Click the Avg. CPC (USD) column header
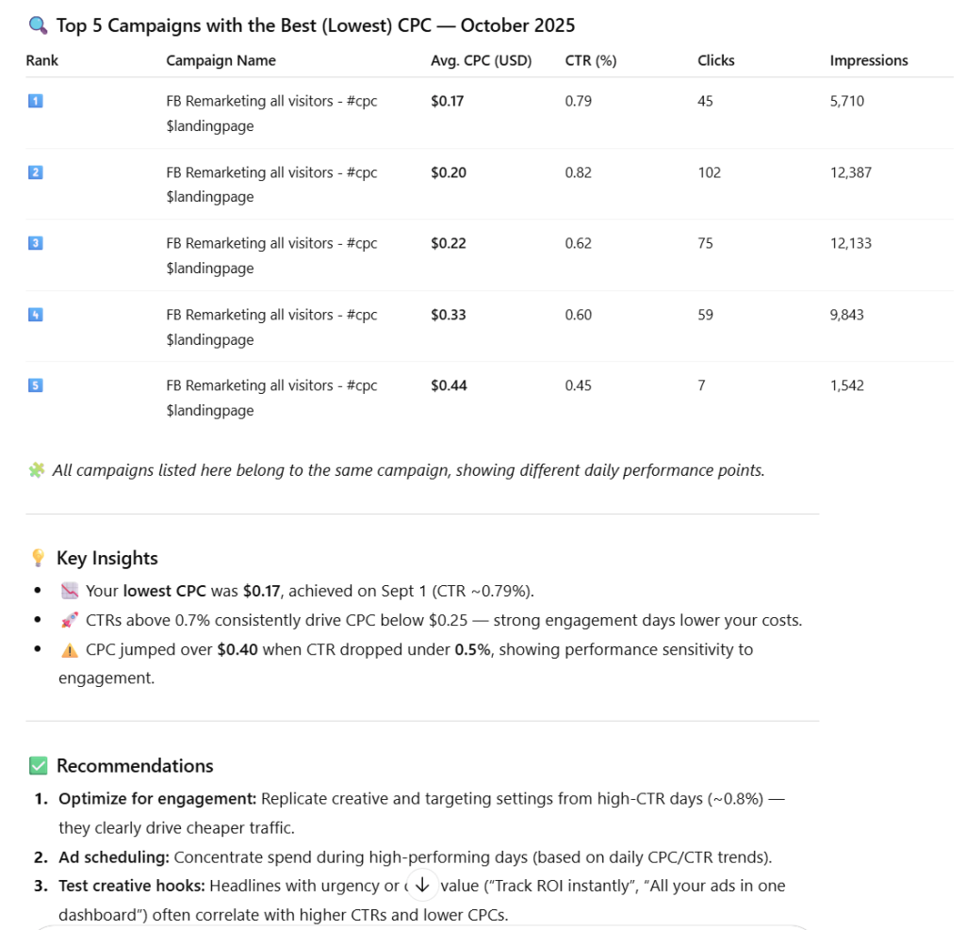click(x=481, y=60)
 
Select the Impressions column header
click(x=868, y=60)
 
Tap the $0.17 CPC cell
click(x=447, y=101)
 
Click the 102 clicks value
click(x=709, y=172)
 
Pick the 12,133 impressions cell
click(x=850, y=243)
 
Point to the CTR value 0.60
click(x=578, y=315)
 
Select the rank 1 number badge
click(x=36, y=101)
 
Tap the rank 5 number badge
click(x=36, y=385)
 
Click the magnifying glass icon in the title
click(x=39, y=25)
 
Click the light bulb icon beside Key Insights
click(x=38, y=558)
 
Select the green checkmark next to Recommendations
click(x=38, y=765)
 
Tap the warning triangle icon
click(x=69, y=649)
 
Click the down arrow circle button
click(x=422, y=884)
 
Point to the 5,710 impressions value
click(x=846, y=101)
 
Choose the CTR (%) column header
click(x=590, y=60)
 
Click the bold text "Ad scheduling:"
click(x=112, y=857)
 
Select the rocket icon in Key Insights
click(x=69, y=621)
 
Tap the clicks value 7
click(x=701, y=385)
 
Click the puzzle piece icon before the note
click(x=36, y=470)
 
